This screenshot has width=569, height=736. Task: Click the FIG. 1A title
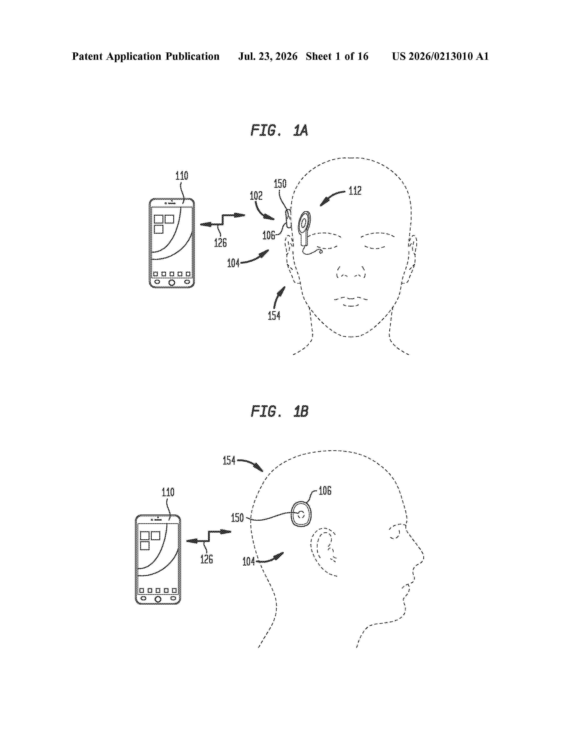click(x=279, y=130)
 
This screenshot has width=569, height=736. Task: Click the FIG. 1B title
click(x=279, y=411)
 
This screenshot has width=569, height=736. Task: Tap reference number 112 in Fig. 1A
click(x=355, y=191)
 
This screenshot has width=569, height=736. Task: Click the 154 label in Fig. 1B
click(x=229, y=460)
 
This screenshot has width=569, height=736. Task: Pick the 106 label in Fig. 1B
click(x=325, y=491)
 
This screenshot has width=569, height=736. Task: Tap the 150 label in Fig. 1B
click(x=237, y=518)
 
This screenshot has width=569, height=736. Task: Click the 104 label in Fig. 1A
click(x=233, y=263)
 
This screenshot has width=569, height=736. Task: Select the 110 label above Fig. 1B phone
click(x=168, y=492)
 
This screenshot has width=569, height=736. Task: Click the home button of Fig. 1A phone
click(x=172, y=282)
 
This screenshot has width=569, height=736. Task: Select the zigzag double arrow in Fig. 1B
click(x=209, y=536)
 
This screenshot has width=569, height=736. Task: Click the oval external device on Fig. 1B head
click(x=301, y=514)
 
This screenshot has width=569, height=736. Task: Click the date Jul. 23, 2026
click(x=268, y=56)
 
